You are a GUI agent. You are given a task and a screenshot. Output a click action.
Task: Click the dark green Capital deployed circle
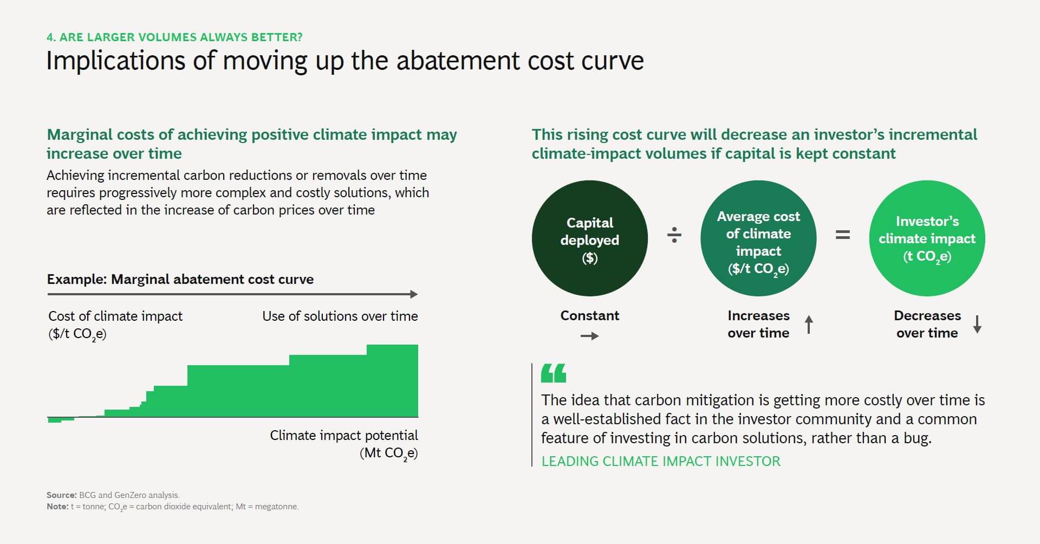tap(589, 238)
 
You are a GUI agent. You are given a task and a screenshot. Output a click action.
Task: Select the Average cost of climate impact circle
tap(758, 238)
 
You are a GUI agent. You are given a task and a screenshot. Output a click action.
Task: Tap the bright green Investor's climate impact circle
tap(927, 238)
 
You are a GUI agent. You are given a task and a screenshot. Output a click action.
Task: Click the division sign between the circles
tap(674, 235)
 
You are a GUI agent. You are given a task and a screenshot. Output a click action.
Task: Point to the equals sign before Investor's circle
tap(842, 235)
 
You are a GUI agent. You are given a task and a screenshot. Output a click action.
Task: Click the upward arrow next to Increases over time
tap(809, 325)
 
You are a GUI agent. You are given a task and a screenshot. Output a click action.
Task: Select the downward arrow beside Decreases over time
tap(977, 324)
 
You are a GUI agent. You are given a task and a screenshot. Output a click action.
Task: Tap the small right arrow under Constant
tap(589, 336)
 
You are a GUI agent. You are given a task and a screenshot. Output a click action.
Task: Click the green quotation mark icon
tap(554, 373)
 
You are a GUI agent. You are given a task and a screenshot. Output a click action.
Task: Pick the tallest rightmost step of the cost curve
tap(392, 379)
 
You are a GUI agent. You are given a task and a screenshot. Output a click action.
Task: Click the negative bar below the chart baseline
tap(55, 420)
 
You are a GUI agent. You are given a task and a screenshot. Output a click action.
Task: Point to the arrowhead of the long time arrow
tap(414, 294)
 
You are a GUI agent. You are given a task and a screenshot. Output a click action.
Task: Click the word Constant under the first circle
tap(589, 315)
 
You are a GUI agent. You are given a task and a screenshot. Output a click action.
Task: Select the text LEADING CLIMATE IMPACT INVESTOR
tap(661, 461)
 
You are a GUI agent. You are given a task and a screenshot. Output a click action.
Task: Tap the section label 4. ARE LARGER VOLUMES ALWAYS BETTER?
tap(174, 37)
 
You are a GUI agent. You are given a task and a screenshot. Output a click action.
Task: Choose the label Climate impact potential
tap(343, 435)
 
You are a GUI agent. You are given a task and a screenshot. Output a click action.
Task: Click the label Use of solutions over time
tap(340, 316)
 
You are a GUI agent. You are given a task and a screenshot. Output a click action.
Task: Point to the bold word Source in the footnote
tap(61, 495)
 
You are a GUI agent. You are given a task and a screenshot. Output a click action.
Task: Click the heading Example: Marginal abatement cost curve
tap(180, 279)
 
